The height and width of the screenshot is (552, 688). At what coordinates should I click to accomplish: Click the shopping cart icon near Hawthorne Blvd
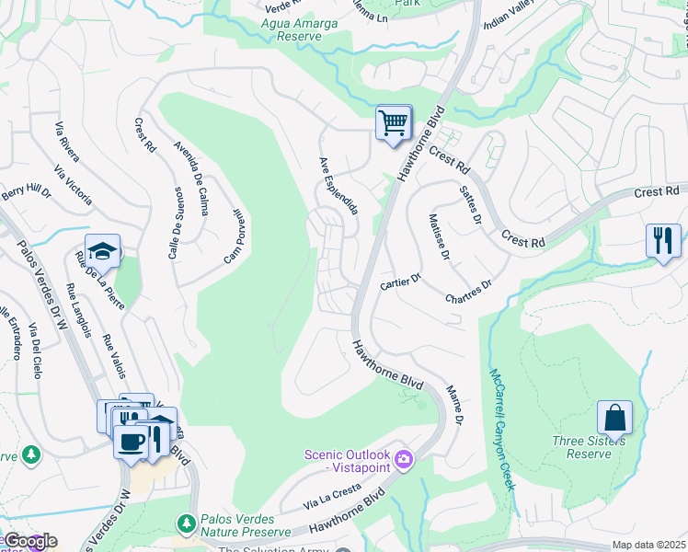[x=394, y=121]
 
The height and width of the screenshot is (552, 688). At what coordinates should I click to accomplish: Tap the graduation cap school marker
[x=103, y=250]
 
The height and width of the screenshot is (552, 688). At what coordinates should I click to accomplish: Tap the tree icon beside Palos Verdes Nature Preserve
[x=187, y=523]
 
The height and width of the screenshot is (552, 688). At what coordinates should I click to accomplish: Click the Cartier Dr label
[x=400, y=282]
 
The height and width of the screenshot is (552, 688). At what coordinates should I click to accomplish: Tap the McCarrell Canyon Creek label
[x=500, y=430]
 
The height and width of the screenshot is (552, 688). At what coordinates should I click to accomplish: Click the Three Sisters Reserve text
[x=589, y=447]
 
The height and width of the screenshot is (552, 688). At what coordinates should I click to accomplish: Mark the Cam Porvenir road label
[x=233, y=236]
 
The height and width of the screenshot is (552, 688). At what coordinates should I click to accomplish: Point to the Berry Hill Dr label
[x=26, y=191]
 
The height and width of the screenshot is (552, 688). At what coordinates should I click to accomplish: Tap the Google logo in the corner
[x=29, y=541]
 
